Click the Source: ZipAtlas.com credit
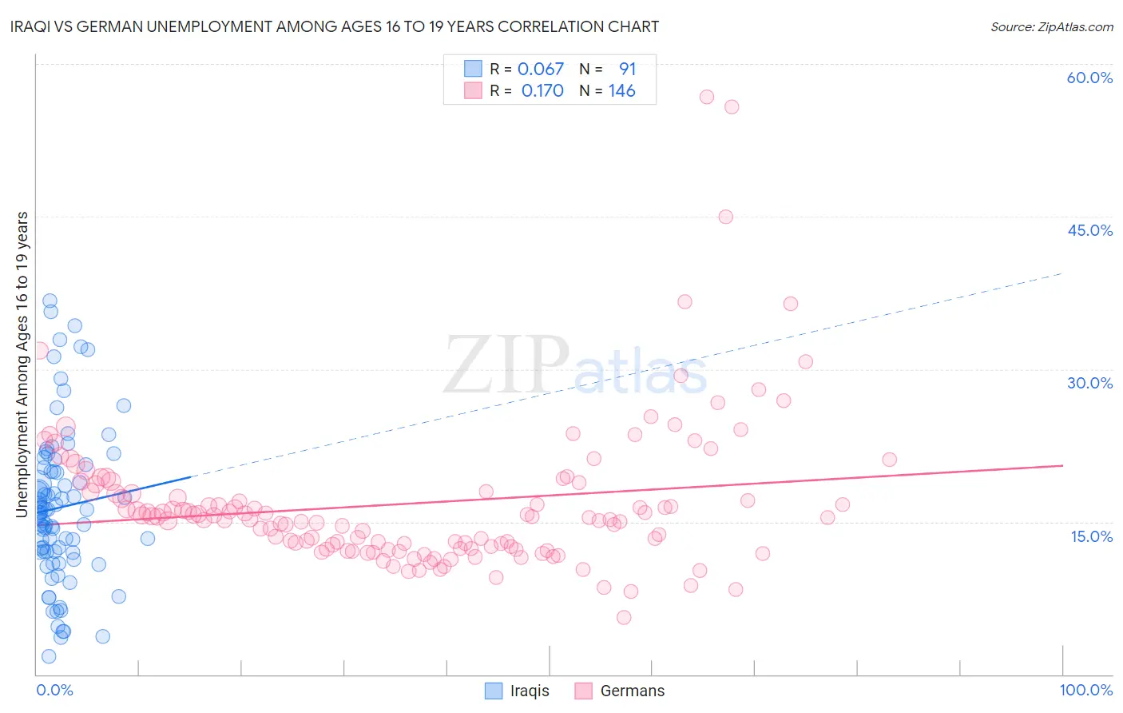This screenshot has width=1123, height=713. pyautogui.click(x=1051, y=26)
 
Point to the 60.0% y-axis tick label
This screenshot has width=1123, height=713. pyautogui.click(x=1089, y=78)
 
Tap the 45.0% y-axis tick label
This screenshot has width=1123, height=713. pyautogui.click(x=1089, y=230)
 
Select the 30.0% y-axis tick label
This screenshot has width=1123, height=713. pyautogui.click(x=1089, y=383)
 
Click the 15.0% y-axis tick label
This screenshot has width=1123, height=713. pyautogui.click(x=1091, y=536)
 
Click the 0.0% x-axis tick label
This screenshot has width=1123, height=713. pyautogui.click(x=54, y=690)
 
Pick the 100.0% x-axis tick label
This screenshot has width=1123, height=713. pyautogui.click(x=1085, y=690)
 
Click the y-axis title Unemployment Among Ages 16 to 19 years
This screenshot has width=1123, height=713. pyautogui.click(x=22, y=364)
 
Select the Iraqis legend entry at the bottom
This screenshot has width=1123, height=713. pyautogui.click(x=517, y=691)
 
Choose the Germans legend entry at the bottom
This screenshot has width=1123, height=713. pyautogui.click(x=619, y=691)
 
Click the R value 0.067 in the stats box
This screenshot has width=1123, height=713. pyautogui.click(x=541, y=70)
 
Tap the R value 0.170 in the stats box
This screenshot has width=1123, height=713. pyautogui.click(x=542, y=91)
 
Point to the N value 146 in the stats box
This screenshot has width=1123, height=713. pyautogui.click(x=621, y=91)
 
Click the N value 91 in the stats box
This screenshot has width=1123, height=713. pyautogui.click(x=627, y=70)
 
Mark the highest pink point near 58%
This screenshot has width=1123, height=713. pyautogui.click(x=706, y=97)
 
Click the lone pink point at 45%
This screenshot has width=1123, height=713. pyautogui.click(x=725, y=217)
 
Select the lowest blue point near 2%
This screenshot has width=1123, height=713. pyautogui.click(x=49, y=656)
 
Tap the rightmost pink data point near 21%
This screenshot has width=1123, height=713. pyautogui.click(x=889, y=460)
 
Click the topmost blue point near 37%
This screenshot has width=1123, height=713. pyautogui.click(x=50, y=301)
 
